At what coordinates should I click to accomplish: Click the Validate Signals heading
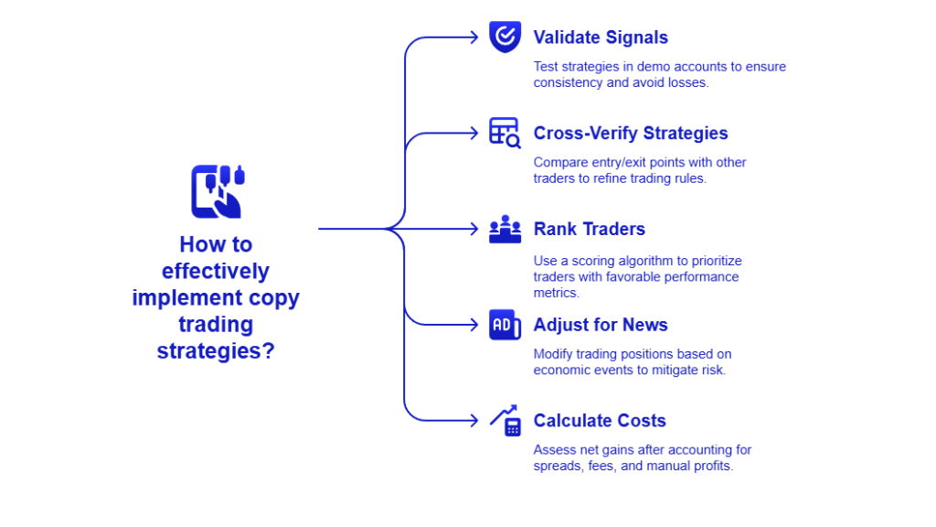(601, 38)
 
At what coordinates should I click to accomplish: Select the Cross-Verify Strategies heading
(631, 134)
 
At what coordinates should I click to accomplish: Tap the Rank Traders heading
(589, 229)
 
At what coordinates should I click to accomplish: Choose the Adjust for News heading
(601, 325)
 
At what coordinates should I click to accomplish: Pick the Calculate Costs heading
(600, 421)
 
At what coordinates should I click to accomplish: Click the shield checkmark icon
(505, 38)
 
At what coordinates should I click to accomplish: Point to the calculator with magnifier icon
(505, 133)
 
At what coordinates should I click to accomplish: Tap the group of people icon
(505, 230)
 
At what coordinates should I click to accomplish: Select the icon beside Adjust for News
(505, 325)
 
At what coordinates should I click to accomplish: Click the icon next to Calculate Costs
(505, 421)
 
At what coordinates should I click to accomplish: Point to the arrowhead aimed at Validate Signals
(473, 38)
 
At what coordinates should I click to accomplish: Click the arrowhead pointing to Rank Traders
(473, 229)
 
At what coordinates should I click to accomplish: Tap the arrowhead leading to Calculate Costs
(473, 421)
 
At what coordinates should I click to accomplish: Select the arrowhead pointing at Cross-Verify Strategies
(473, 134)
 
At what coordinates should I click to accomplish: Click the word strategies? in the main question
(216, 350)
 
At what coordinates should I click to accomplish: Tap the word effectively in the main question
(216, 271)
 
